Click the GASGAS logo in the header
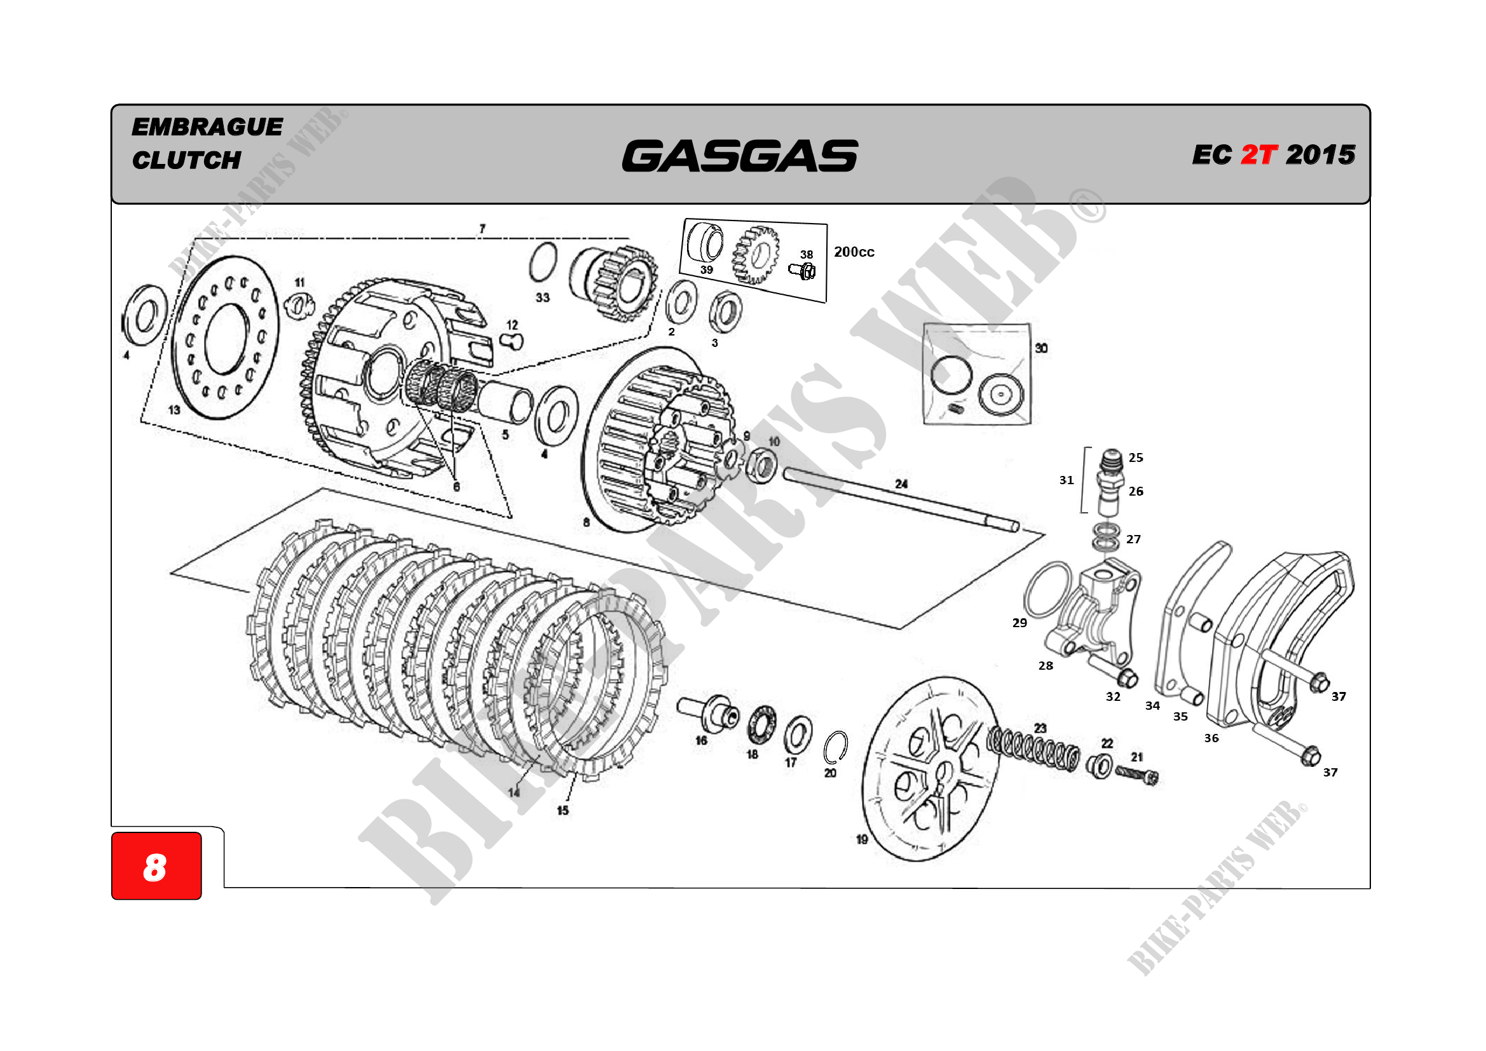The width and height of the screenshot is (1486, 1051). [739, 156]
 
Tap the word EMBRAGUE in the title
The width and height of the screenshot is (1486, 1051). [207, 127]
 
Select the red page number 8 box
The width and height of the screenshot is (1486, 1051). [156, 866]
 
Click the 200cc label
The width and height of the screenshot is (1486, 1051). [854, 252]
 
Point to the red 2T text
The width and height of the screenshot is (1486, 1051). [1258, 154]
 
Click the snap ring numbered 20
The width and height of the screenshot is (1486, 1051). [836, 748]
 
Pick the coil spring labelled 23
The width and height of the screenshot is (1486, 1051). [1033, 749]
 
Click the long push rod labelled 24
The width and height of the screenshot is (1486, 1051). [899, 500]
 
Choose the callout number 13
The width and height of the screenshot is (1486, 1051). [174, 410]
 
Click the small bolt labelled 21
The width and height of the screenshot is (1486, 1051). [1137, 775]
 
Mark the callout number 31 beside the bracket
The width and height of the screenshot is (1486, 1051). [1066, 480]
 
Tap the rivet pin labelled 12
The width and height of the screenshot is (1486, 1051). [514, 341]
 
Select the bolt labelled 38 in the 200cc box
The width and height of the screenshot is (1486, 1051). [803, 271]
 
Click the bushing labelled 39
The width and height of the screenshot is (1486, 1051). [705, 243]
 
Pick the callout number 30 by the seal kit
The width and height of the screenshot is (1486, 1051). [1040, 348]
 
